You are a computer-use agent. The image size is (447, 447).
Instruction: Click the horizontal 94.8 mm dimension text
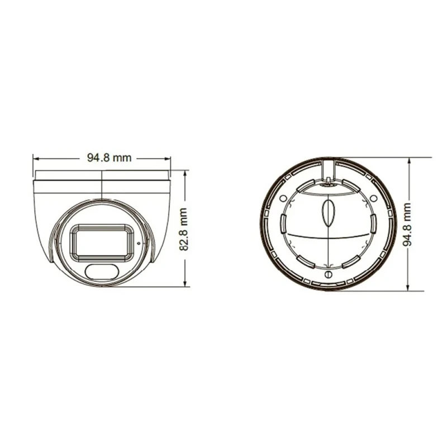pyautogui.click(x=109, y=158)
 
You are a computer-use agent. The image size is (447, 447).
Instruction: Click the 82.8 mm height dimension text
pyautogui.click(x=183, y=230)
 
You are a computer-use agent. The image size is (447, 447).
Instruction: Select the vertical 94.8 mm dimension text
pyautogui.click(x=407, y=224)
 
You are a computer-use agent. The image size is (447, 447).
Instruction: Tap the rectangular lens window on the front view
pyautogui.click(x=102, y=242)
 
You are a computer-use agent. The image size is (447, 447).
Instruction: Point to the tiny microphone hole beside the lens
pyautogui.click(x=139, y=243)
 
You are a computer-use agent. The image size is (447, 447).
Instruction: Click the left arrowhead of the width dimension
pyautogui.click(x=35, y=158)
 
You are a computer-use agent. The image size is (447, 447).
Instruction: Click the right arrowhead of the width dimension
pyautogui.click(x=168, y=158)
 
